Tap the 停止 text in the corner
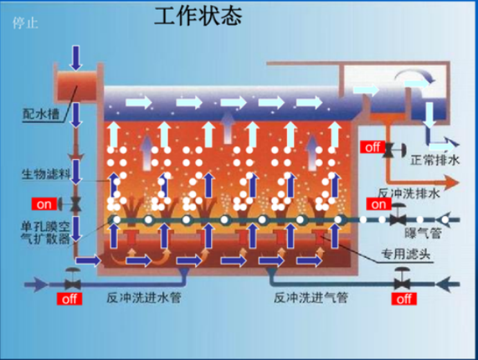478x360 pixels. coord(26,23)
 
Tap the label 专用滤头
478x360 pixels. coord(406,253)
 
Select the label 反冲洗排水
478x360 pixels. coord(408,195)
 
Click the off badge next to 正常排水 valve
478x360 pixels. coord(371,147)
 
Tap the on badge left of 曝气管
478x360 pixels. coord(379,204)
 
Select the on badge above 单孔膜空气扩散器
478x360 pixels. coord(44,204)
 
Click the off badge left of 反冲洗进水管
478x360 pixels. coord(69,299)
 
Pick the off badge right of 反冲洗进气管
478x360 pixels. coord(404,299)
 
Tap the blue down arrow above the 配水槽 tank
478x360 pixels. coord(75,53)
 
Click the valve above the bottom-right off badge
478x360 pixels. coord(401,282)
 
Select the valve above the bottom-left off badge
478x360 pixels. coord(71,282)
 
